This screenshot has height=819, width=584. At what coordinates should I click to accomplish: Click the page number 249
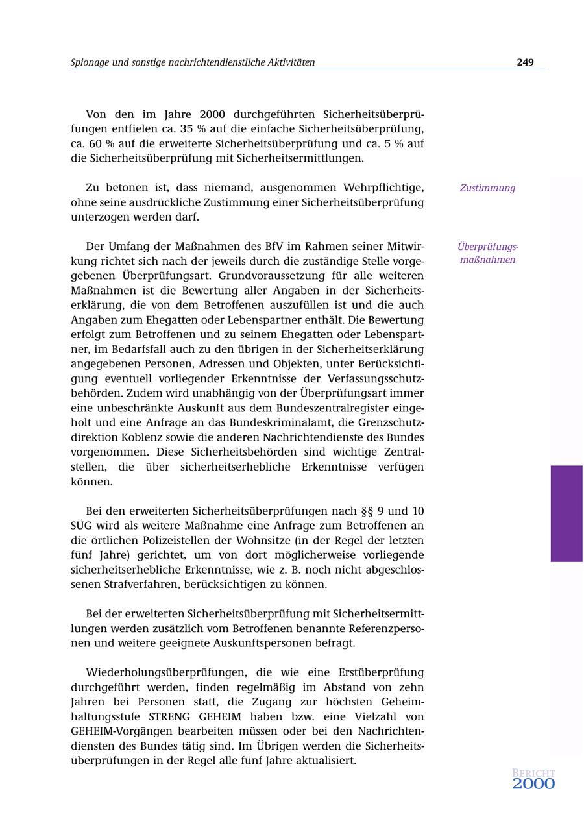pos(525,62)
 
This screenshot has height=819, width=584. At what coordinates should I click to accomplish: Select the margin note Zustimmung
pos(487,188)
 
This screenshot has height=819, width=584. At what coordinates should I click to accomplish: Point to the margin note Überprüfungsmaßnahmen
pos(487,253)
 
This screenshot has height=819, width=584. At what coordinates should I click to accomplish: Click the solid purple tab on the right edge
pos(566,513)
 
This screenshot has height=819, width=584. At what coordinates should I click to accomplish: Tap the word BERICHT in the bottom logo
pos(533,773)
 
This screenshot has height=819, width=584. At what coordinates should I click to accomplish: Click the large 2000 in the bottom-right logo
pos(533,784)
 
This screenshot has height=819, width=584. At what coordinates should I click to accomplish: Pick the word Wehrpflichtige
pos(383,188)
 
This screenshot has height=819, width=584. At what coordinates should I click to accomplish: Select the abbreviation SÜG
pos(82,526)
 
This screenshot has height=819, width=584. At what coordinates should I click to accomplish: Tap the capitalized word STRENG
pos(169,716)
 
